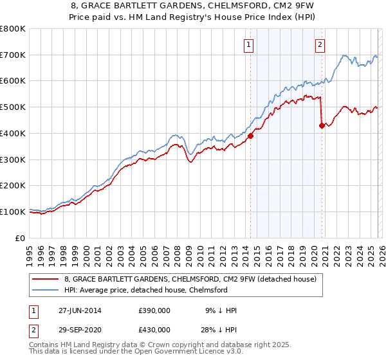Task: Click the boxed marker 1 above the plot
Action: (x=248, y=44)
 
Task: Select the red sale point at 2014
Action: (x=251, y=136)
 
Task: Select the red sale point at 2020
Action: (x=322, y=125)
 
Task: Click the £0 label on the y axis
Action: (x=21, y=238)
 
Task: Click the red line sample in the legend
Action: (x=46, y=280)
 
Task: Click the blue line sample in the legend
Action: (x=46, y=291)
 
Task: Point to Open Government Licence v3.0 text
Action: (x=189, y=352)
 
